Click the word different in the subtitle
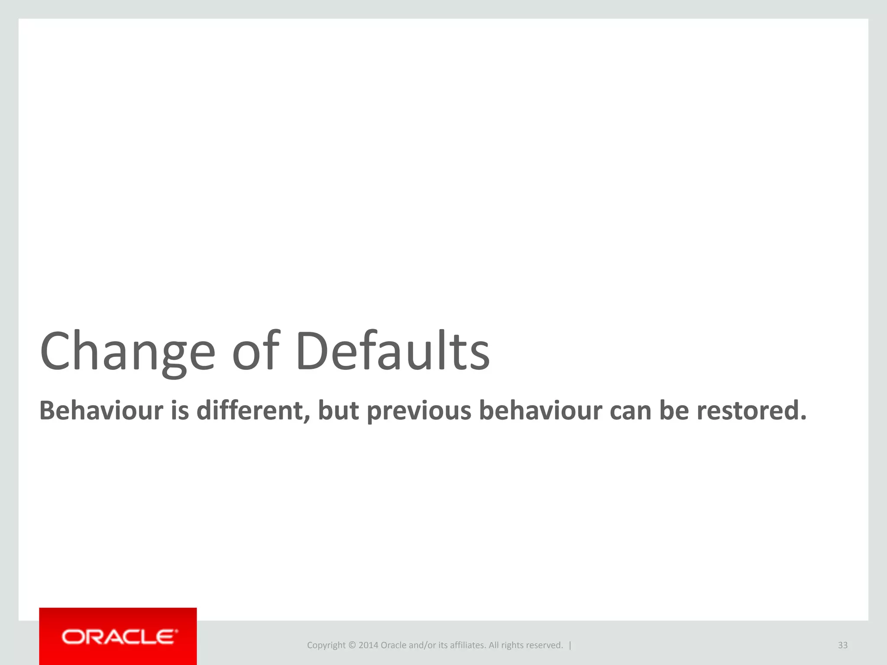(253, 410)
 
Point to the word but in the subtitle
(338, 410)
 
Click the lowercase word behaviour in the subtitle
(540, 410)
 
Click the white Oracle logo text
(120, 637)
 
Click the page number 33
(842, 645)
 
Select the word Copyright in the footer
(326, 646)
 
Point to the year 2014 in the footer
(368, 645)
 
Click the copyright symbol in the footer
(352, 645)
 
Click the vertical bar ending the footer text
(570, 645)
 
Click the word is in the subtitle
(180, 410)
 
